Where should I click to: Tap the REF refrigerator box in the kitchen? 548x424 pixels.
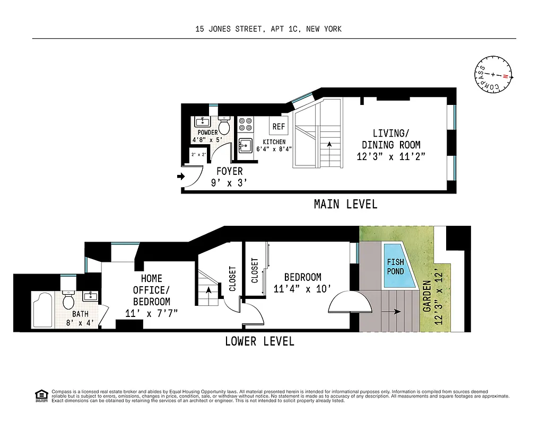[x=279, y=127]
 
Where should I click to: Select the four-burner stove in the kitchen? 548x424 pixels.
[x=245, y=125]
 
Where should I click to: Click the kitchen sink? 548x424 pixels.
[x=245, y=145]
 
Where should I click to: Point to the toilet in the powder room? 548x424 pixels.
[x=224, y=126]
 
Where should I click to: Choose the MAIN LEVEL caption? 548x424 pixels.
[x=345, y=204]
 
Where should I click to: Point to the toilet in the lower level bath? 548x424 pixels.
[x=68, y=301]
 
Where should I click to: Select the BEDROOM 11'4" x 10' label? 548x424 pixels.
[x=302, y=282]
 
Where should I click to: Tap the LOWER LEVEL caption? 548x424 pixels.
[x=259, y=341]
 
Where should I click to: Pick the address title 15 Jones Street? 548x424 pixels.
[x=268, y=29]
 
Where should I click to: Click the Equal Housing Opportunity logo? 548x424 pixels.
[x=40, y=395]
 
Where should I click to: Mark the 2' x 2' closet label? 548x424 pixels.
[x=199, y=155]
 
